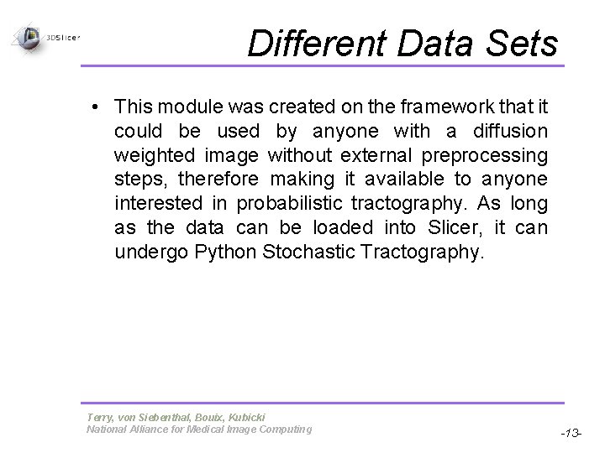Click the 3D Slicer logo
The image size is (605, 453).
coord(42,37)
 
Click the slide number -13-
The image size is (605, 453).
coord(571,433)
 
